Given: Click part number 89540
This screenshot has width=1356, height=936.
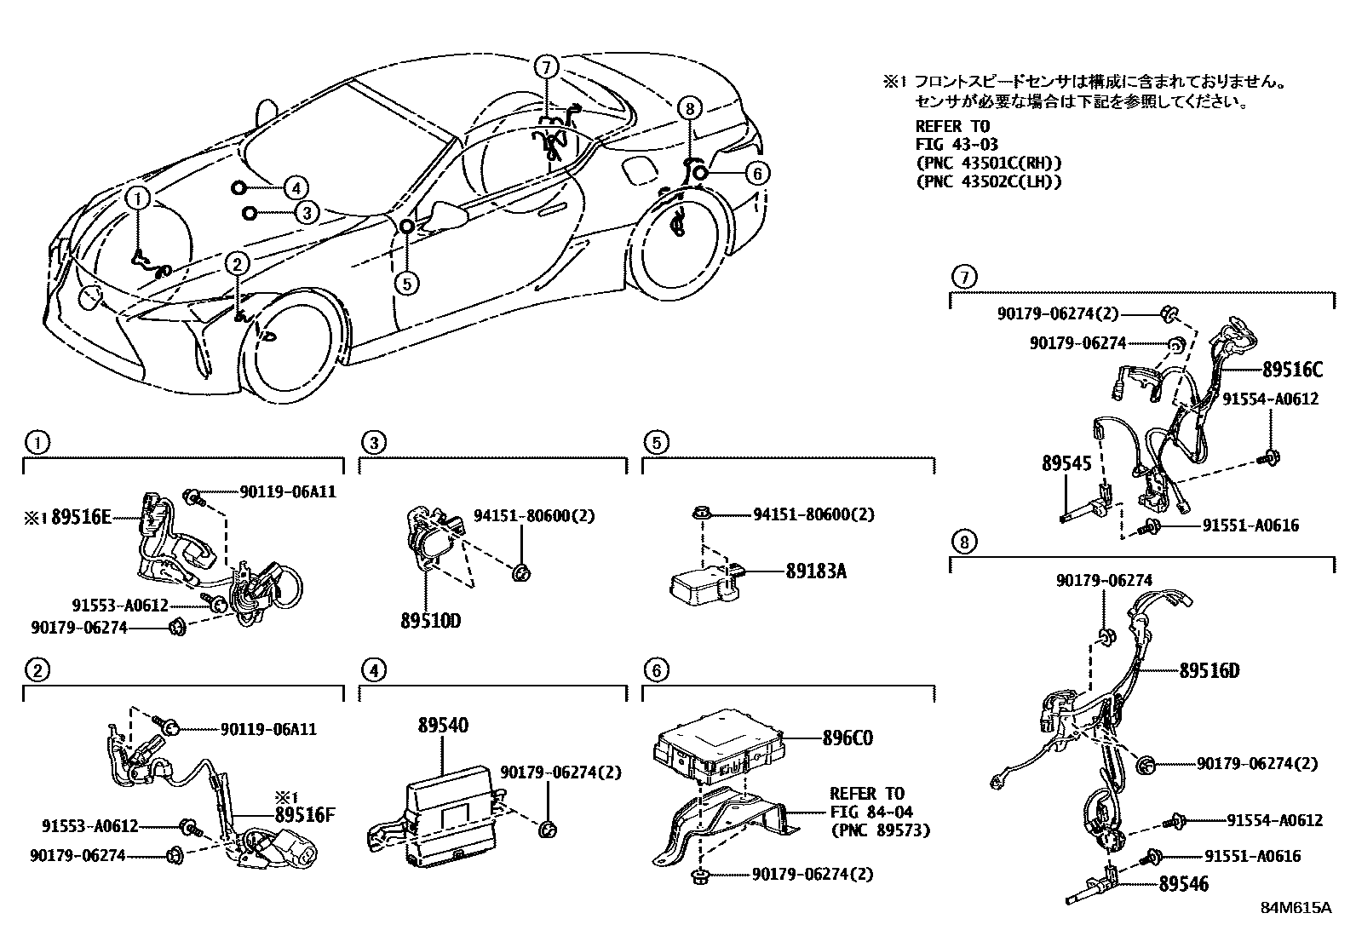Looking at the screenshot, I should [x=443, y=726].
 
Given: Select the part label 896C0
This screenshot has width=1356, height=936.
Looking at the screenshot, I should [x=847, y=738].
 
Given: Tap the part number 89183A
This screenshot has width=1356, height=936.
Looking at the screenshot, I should [x=815, y=571].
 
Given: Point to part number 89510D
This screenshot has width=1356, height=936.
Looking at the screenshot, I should [x=430, y=621].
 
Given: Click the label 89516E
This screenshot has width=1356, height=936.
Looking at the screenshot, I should [x=81, y=516].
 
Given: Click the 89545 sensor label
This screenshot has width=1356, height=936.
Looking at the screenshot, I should [x=1066, y=463].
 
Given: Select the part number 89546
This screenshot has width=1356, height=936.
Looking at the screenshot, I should [x=1183, y=884].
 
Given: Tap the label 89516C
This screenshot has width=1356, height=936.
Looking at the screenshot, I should [x=1292, y=370].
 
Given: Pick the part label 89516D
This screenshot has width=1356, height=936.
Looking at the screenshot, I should [x=1209, y=670].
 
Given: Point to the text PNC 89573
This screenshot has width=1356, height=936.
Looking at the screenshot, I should [x=880, y=830].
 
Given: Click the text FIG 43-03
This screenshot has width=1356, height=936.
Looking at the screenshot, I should [x=957, y=145].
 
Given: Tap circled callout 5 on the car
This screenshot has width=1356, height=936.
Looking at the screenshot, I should [x=407, y=282].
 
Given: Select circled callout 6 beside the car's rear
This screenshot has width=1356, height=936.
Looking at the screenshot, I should [x=756, y=174].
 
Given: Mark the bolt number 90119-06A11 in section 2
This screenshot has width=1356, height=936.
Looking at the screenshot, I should [x=268, y=729].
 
